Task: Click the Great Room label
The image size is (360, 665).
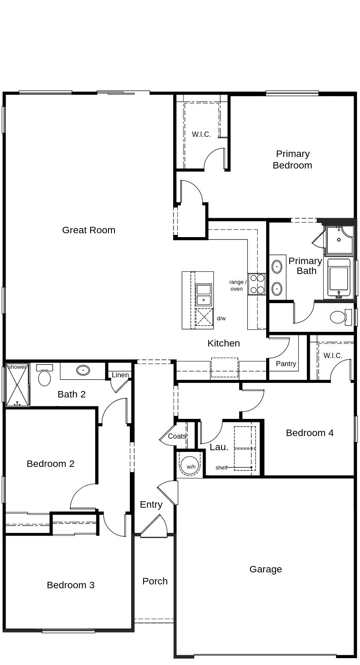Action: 89,230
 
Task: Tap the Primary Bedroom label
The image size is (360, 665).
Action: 293,159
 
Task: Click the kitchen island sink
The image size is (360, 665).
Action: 204,294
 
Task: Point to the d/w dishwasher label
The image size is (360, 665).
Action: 221,318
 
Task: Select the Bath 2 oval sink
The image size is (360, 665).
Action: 83,370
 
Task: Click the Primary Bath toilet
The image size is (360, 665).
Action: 339,317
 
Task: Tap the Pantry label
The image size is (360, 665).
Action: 286,364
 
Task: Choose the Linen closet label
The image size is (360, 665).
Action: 120,375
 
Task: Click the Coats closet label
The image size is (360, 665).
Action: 177,436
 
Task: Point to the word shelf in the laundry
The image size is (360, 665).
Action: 222,467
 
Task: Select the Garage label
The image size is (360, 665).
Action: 266,569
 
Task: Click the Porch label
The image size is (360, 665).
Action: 155,581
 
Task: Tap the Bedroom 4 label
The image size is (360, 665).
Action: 309,433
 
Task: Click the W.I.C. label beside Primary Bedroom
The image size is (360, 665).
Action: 201,134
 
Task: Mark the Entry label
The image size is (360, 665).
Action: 151,504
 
